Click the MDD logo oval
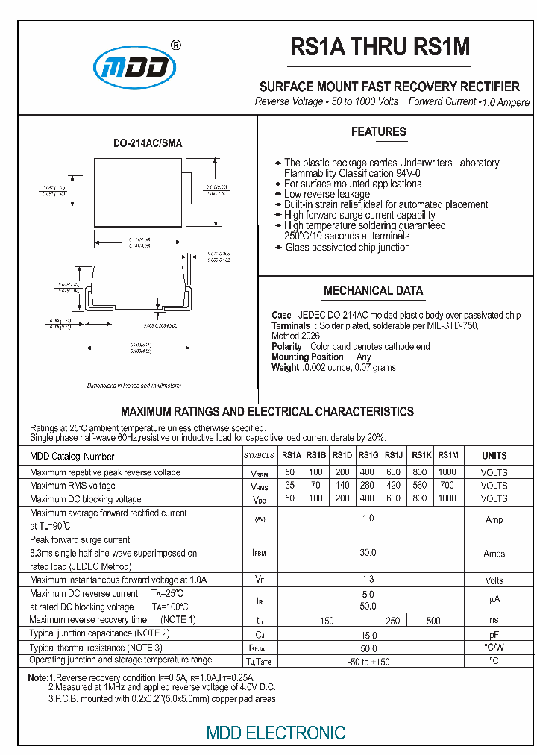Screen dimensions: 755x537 135,69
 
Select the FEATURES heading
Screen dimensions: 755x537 379,132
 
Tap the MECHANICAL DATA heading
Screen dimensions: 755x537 373,291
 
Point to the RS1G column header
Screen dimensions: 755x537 368,455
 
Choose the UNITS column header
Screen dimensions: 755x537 494,456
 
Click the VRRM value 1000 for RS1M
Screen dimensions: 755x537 447,472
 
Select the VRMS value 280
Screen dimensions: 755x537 367,486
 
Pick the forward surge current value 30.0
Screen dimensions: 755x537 368,553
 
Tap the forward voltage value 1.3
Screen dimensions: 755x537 368,580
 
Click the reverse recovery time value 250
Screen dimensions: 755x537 393,621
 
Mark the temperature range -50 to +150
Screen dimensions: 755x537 368,662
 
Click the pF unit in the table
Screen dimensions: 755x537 494,633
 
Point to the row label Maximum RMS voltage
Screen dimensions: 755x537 72,486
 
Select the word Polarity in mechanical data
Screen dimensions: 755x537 287,347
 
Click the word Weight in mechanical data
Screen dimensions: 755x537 286,368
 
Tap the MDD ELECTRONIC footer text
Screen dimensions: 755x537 276,733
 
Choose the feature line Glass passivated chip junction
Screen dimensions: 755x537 347,248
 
